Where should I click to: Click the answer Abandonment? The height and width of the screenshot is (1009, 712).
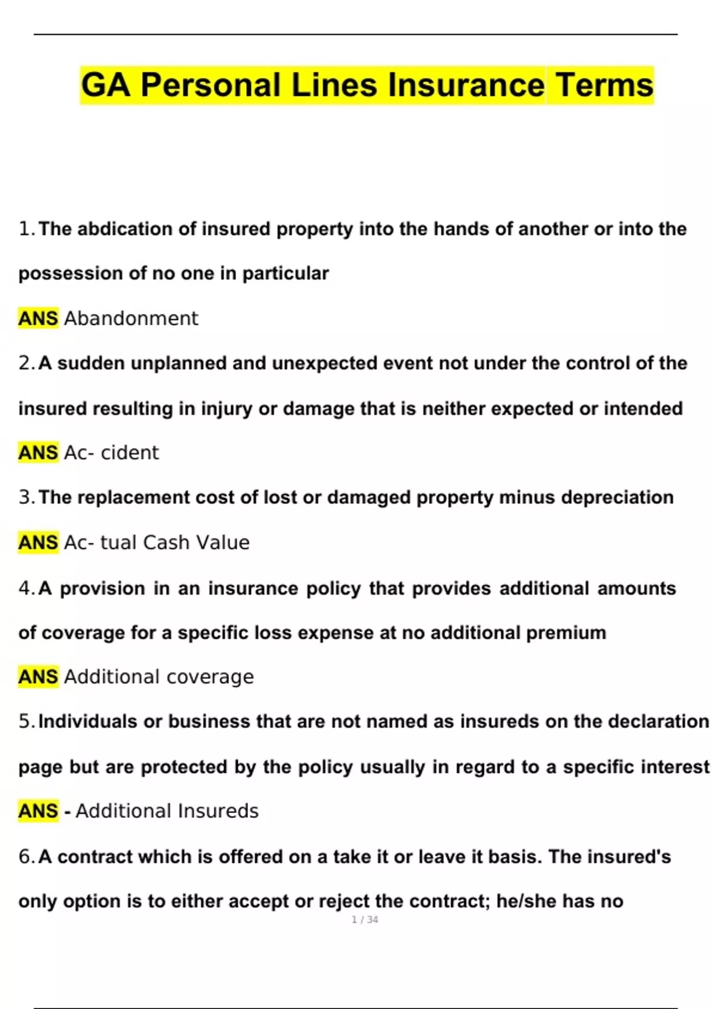(131, 319)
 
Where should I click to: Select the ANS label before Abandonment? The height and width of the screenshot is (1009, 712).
(38, 319)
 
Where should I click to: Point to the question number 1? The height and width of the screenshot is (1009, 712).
(26, 229)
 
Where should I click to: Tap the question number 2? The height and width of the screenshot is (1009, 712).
(26, 363)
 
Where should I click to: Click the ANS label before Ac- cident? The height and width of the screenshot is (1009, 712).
(38, 453)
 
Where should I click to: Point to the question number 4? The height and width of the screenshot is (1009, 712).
(26, 589)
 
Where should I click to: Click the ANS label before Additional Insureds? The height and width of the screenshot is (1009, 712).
(38, 811)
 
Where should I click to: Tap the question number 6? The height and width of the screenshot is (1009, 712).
(26, 857)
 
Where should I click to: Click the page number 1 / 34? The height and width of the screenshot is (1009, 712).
(365, 920)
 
